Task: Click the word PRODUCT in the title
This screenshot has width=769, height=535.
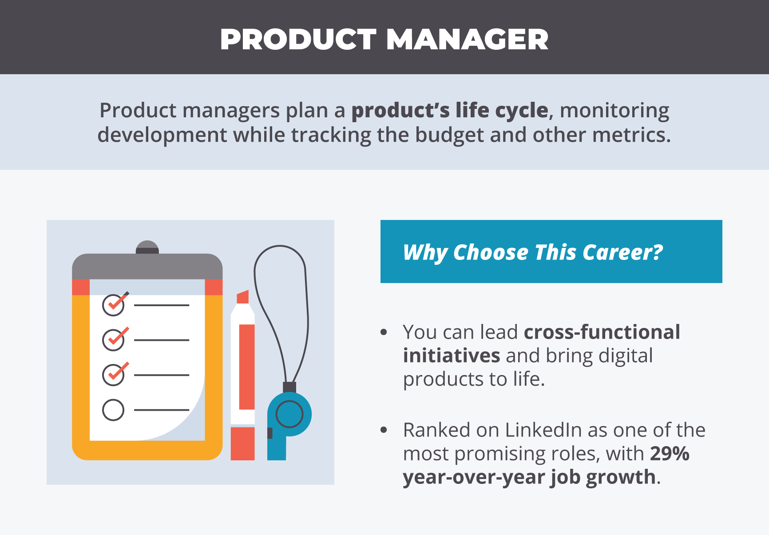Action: (298, 40)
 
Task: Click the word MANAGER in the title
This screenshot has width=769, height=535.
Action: (468, 40)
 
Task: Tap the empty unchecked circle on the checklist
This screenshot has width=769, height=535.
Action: (113, 410)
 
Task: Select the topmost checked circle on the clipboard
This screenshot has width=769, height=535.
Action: (113, 305)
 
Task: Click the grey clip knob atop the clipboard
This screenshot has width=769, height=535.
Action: (147, 247)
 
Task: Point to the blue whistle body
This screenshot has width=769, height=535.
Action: (289, 422)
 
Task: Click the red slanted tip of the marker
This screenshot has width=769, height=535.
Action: (243, 297)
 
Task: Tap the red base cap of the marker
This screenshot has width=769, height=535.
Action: (243, 443)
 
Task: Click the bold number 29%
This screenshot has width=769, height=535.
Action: (670, 454)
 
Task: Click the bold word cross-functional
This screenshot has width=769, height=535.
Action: (602, 332)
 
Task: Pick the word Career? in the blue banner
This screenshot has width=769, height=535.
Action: (622, 252)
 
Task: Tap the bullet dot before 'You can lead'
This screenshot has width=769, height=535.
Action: (384, 332)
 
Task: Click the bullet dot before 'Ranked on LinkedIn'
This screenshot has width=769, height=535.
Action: (384, 430)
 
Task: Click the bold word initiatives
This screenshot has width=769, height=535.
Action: (452, 355)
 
